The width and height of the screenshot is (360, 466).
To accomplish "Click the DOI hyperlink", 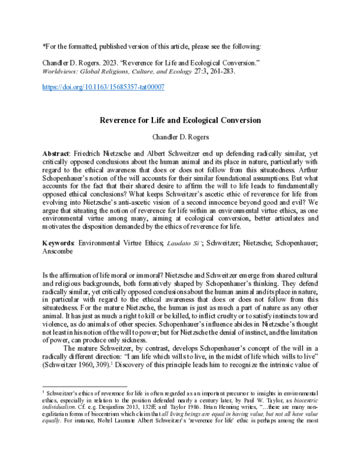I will point(103,87).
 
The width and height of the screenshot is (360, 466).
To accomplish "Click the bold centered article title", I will point(180,120).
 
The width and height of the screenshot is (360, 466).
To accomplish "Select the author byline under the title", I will point(180,137).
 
